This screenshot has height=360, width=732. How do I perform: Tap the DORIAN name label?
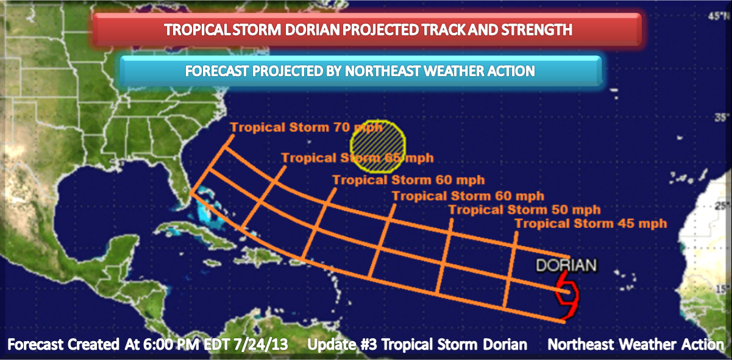click(565, 265)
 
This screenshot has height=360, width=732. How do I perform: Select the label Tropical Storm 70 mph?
click(306, 127)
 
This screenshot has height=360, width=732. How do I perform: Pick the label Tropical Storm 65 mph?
click(357, 158)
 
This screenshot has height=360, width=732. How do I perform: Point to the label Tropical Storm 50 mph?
click(524, 210)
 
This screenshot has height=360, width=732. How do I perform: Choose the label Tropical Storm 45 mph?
click(591, 224)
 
